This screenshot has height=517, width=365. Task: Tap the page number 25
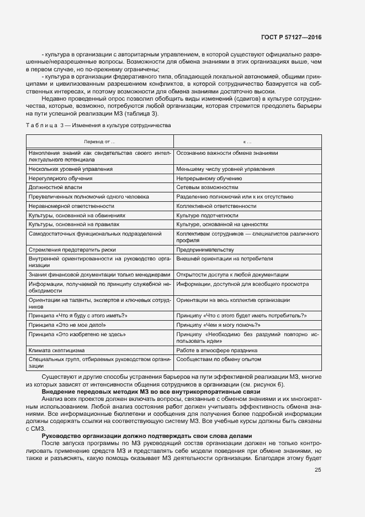pos(318,470)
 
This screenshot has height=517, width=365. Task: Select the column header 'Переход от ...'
pos(99,142)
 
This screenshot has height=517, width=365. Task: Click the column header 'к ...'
pos(247,142)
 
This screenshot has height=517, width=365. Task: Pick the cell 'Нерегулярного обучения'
pos(61,179)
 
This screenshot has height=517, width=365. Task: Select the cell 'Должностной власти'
pos(55,187)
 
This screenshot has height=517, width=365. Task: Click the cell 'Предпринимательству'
pos(203,249)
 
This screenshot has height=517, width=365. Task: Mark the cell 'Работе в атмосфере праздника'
pos(216,350)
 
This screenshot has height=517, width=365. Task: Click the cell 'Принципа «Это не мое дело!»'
pos(67,325)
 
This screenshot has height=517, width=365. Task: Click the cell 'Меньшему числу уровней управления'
pos(225,169)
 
